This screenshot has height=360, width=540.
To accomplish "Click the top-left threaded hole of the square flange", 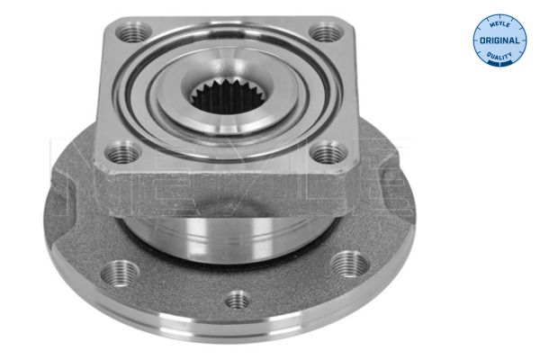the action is pos(133,32).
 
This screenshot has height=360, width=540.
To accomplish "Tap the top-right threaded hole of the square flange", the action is pos(326,32).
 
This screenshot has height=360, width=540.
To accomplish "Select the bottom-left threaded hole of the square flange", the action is pos(122,154).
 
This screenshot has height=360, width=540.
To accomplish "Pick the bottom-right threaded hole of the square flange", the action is pos(328,153).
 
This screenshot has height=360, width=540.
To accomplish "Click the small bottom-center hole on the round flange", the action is pos(238,300).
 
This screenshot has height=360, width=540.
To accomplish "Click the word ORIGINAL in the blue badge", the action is pos(499,40).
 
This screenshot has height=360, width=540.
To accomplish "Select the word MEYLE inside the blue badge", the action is pos(499,23).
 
